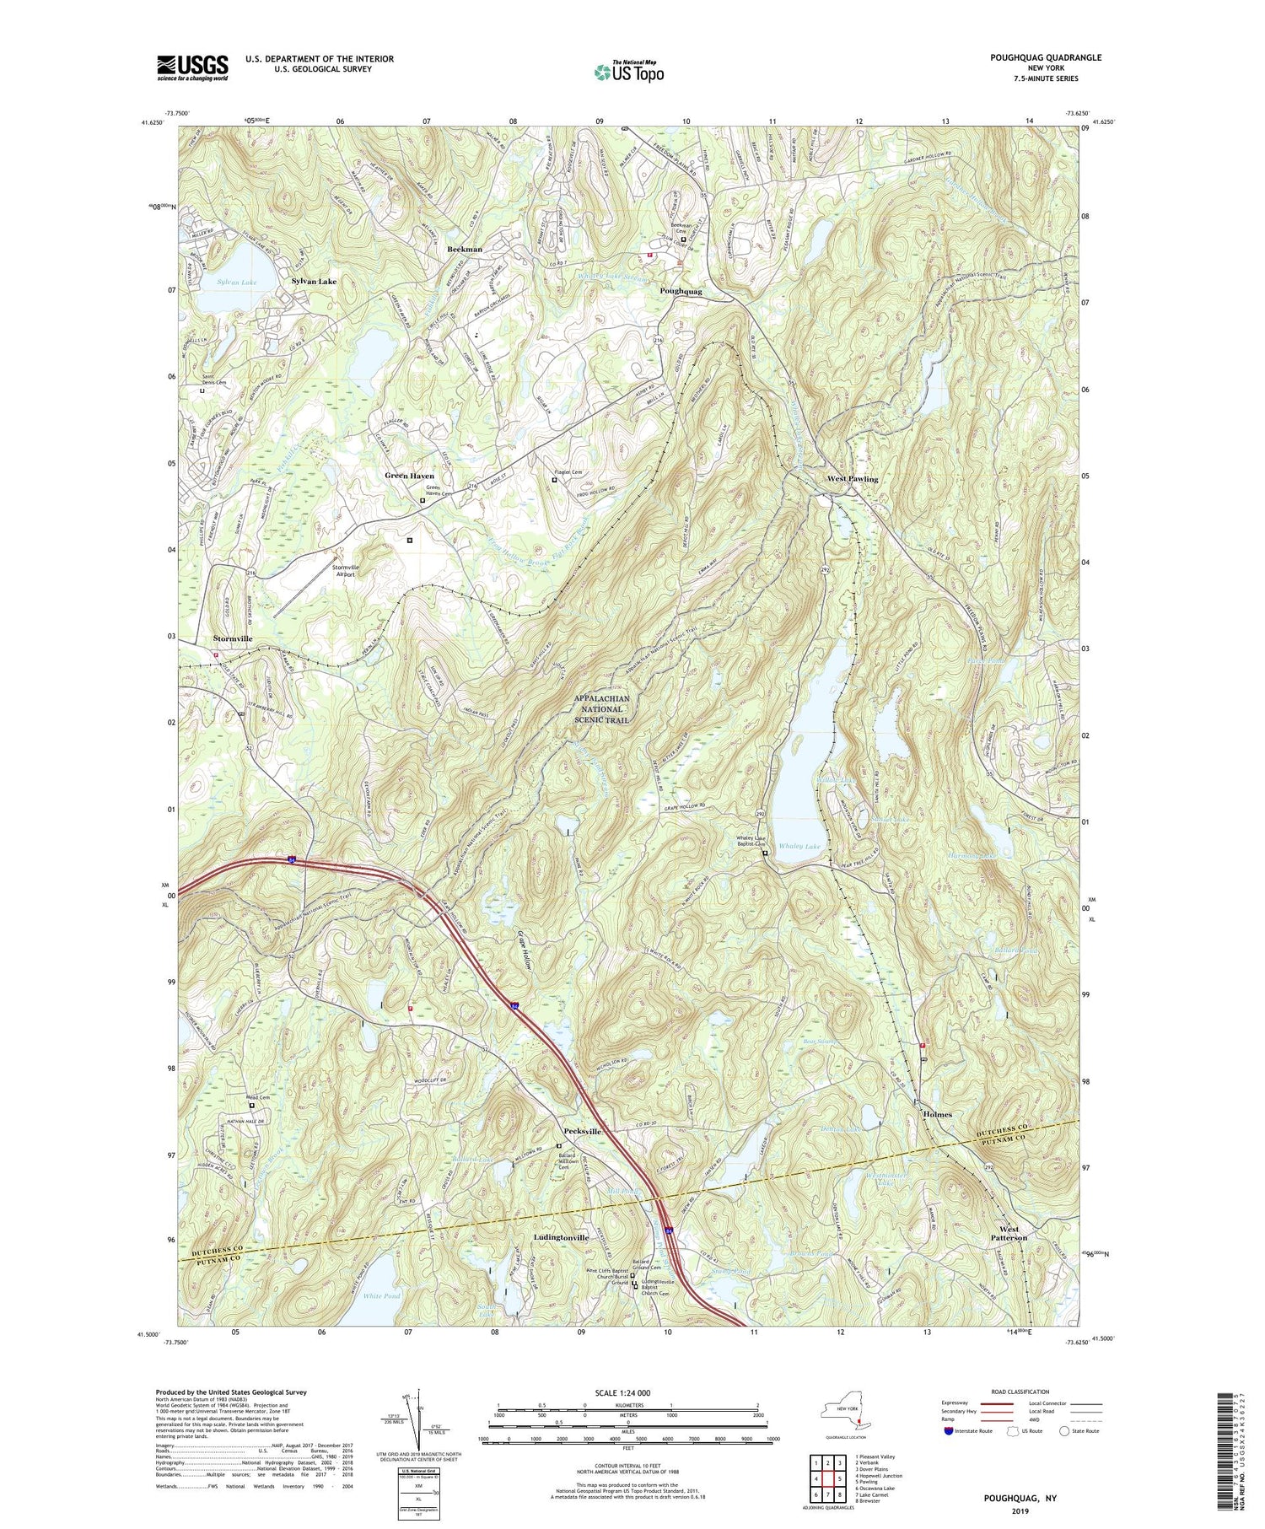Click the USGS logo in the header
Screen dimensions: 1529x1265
pos(192,67)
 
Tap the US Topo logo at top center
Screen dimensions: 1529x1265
pos(628,72)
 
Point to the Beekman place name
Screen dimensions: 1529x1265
pos(465,250)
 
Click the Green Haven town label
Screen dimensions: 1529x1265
pos(409,476)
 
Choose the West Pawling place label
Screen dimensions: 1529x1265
pos(852,479)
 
